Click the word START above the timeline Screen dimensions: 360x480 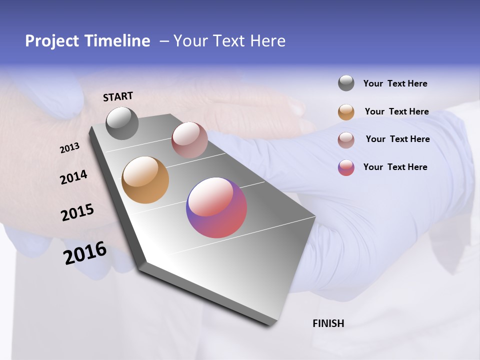point(118,96)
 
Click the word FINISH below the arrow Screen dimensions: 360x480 point(328,323)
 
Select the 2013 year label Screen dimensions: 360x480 point(69,148)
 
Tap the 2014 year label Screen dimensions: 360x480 point(73,177)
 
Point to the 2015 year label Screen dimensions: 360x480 point(77,212)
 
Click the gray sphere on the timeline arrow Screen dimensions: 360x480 point(122,123)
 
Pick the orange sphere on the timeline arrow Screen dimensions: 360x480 point(145,180)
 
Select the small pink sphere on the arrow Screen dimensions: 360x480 point(189,140)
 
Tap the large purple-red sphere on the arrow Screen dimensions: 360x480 point(216,207)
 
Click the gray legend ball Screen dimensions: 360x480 point(346,83)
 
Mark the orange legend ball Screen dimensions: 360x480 point(346,112)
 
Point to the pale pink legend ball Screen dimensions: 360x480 point(346,140)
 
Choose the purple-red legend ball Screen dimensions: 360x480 point(346,167)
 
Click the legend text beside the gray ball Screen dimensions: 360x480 point(395,84)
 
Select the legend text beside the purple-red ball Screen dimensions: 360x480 point(395,167)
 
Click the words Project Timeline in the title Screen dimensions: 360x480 point(87,41)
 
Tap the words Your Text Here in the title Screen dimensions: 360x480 point(229,41)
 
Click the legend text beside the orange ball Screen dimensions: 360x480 point(396,111)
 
